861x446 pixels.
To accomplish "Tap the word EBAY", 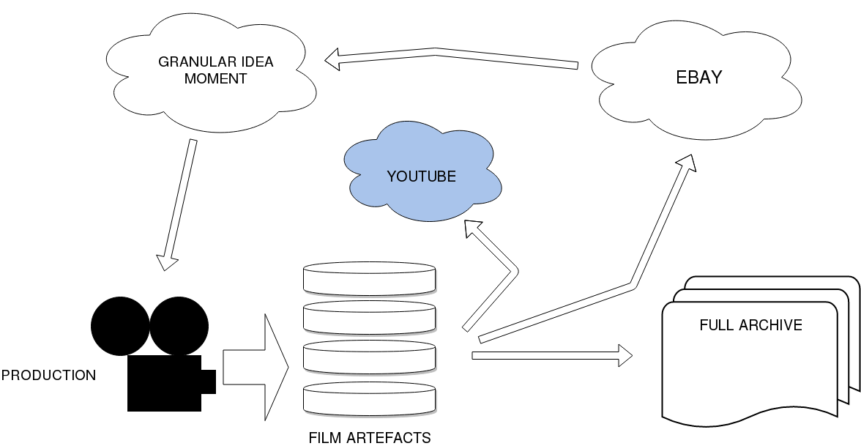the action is click(x=698, y=78).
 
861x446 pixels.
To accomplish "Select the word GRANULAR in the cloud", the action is click(x=190, y=62).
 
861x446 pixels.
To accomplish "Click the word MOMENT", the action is click(x=215, y=78).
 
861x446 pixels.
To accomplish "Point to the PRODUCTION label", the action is click(x=48, y=375).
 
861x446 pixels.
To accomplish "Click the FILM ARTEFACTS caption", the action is click(x=370, y=438).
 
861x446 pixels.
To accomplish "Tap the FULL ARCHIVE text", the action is click(x=750, y=325).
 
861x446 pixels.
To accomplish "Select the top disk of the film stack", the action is click(x=370, y=278).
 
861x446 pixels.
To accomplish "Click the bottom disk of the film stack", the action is click(x=370, y=398).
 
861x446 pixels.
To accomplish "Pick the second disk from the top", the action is click(x=370, y=318).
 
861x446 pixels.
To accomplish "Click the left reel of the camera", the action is click(x=120, y=326).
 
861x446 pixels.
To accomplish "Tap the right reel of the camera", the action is click(x=179, y=326).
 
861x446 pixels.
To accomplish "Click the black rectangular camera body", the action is click(x=164, y=384).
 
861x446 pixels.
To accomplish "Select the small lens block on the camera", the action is click(x=209, y=382).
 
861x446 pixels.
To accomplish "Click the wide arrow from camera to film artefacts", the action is click(x=256, y=368).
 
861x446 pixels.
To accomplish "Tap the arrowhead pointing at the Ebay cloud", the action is click(x=687, y=163).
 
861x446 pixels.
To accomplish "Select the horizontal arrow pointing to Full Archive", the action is click(x=552, y=355).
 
